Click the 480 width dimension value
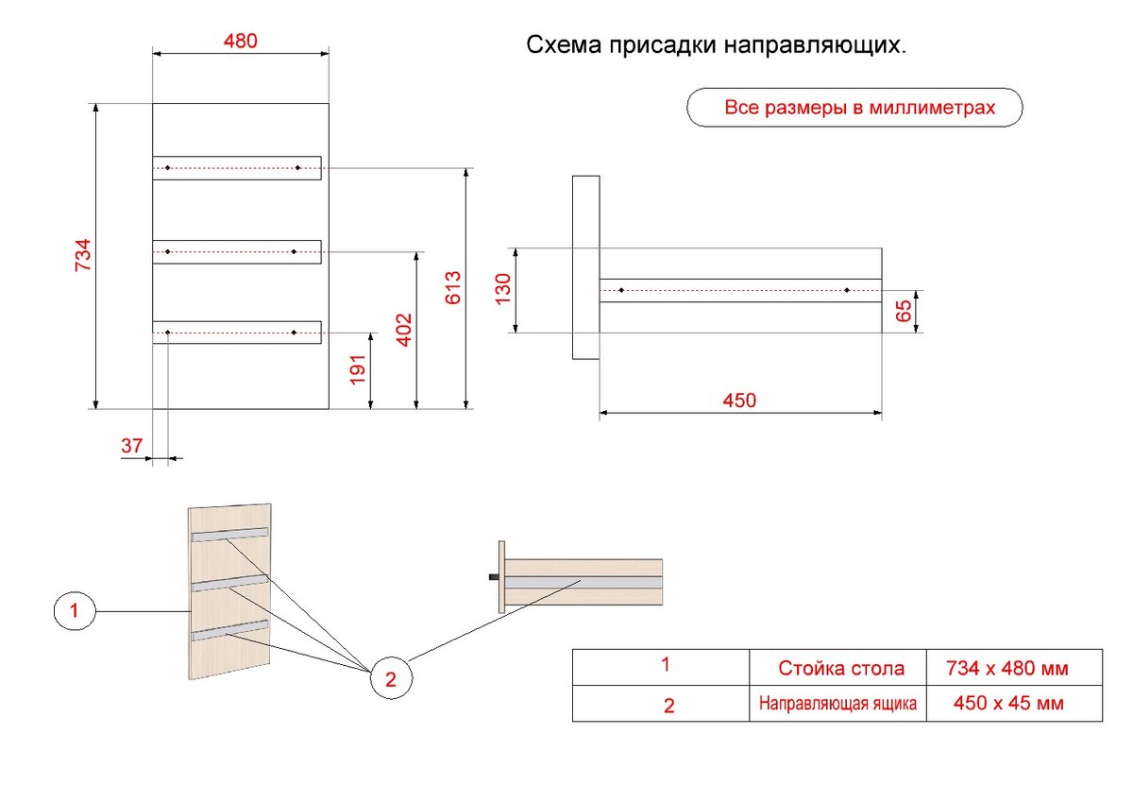[x=240, y=41]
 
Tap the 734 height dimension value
[x=83, y=256]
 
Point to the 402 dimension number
[x=404, y=330]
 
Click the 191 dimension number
[x=358, y=369]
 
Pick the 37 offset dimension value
[x=133, y=445]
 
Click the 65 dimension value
[x=905, y=312]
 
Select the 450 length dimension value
[x=739, y=400]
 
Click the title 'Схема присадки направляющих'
[x=715, y=45]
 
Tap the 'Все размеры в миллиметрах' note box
[x=854, y=108]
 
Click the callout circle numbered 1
[x=75, y=612]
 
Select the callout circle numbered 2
[x=391, y=676]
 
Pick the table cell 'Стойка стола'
[x=840, y=669]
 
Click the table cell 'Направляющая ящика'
[x=838, y=704]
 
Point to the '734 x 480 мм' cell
[x=1007, y=669]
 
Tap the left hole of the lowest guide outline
[x=167, y=333]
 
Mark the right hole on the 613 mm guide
[x=297, y=168]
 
